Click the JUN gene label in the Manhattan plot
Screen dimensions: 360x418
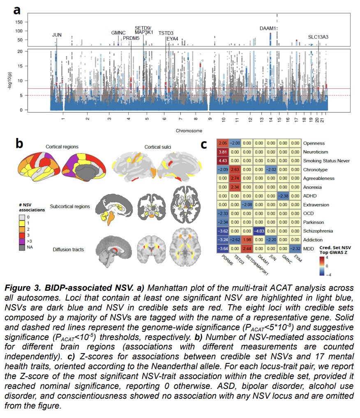click(x=57, y=35)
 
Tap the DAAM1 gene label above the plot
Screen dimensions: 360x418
click(x=268, y=28)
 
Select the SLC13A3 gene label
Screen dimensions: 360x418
click(x=318, y=37)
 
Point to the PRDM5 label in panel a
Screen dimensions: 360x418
click(x=131, y=38)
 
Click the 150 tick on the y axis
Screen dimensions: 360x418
click(x=19, y=22)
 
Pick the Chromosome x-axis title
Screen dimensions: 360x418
click(x=189, y=131)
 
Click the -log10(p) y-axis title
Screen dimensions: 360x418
click(x=10, y=81)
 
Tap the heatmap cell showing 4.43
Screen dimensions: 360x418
click(x=223, y=161)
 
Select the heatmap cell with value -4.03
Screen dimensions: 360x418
click(x=259, y=231)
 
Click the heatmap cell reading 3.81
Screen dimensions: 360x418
click(x=223, y=152)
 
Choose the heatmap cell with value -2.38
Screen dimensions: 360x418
click(x=283, y=196)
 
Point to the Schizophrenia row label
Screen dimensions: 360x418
click(x=318, y=231)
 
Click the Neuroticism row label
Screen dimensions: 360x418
click(x=316, y=152)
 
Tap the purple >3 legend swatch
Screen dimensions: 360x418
click(x=22, y=241)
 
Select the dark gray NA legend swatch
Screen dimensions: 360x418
click(x=22, y=247)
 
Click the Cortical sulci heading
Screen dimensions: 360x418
click(x=158, y=147)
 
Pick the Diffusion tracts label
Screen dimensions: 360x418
click(x=68, y=250)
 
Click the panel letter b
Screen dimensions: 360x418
click(x=19, y=144)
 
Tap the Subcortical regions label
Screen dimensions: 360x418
click(x=70, y=207)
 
